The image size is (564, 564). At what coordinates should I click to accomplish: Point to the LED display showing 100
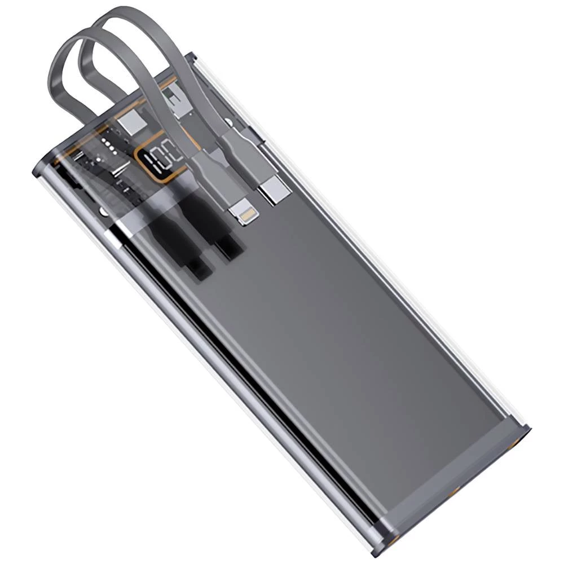(164, 159)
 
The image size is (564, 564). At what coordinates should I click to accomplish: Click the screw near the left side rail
(103, 210)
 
